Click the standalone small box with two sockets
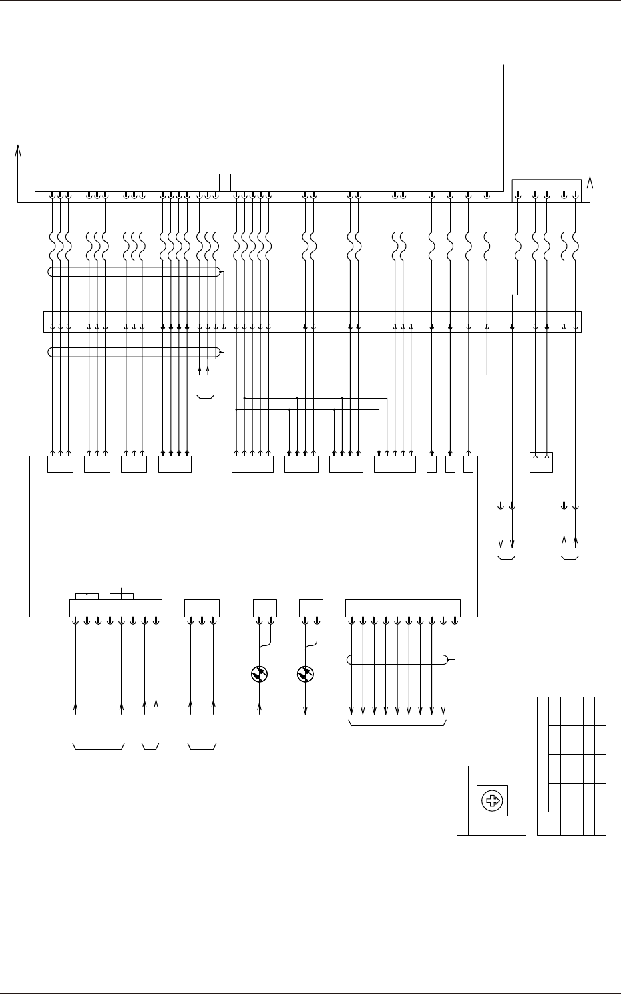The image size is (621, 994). click(x=541, y=462)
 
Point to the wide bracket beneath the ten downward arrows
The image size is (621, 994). click(x=398, y=724)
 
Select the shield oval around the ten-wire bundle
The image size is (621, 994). click(x=398, y=660)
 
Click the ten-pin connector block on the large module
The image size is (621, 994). click(x=403, y=608)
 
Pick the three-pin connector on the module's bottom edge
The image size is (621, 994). click(x=202, y=608)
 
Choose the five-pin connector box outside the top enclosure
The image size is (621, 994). click(x=546, y=190)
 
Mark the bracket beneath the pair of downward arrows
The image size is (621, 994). click(x=506, y=558)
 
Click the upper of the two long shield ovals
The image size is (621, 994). click(x=134, y=272)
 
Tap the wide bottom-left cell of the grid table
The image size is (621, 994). click(x=549, y=822)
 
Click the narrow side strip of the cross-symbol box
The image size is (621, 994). click(x=463, y=801)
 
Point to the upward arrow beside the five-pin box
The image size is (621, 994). click(x=590, y=190)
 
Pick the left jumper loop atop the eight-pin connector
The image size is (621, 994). click(x=87, y=595)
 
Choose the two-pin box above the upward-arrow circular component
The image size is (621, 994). click(x=265, y=608)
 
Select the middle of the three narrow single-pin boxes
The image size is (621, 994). click(x=450, y=464)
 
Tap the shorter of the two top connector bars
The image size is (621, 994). click(x=134, y=182)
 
